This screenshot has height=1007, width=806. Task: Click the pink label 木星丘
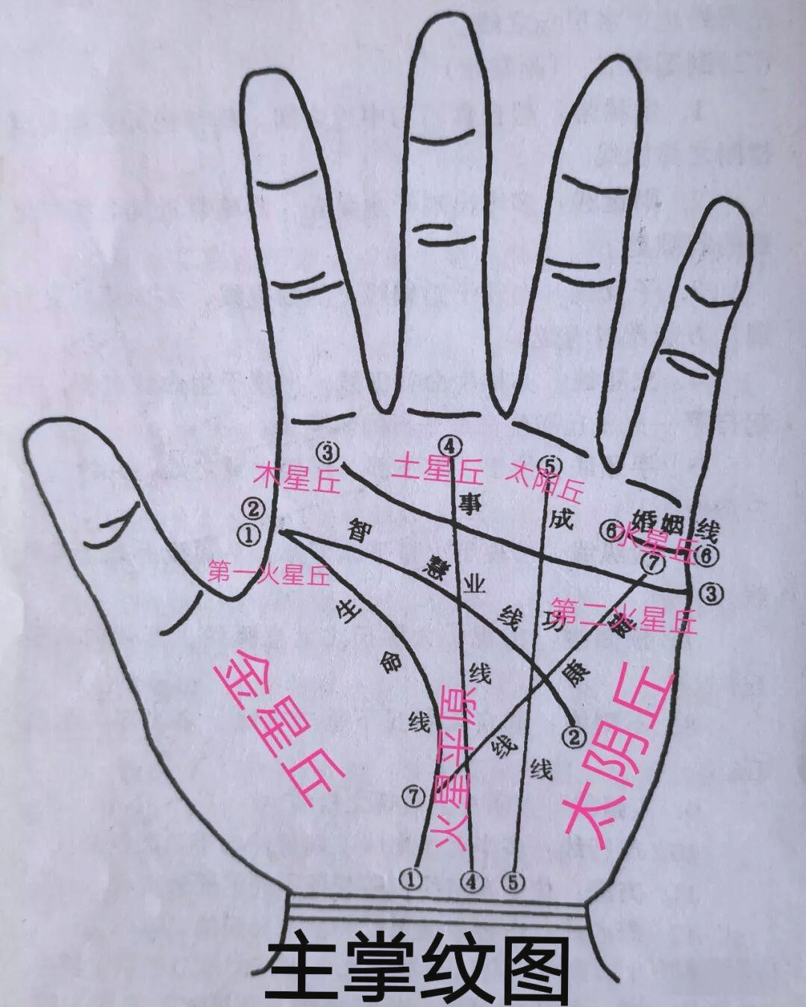(297, 478)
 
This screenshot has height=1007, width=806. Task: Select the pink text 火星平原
(459, 769)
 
